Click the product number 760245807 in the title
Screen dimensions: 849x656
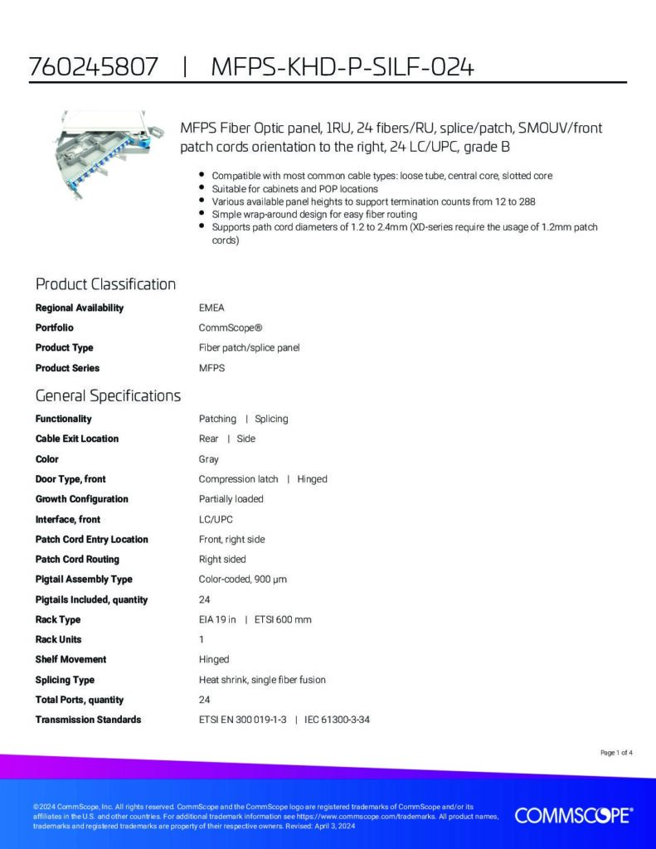coord(93,67)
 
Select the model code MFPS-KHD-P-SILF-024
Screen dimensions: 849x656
coord(343,67)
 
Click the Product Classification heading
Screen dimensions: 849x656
coord(105,284)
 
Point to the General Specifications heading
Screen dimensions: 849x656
coord(108,395)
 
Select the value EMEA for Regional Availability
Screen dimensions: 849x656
coord(211,308)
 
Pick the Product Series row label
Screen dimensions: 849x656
coord(67,368)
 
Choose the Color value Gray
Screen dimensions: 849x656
coord(209,459)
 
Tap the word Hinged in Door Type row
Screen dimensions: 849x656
coord(312,479)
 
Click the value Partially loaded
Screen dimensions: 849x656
coord(231,499)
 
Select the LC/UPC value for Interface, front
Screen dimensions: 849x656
coord(216,519)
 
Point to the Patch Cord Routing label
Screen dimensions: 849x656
coord(77,560)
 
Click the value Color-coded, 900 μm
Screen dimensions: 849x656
coord(242,580)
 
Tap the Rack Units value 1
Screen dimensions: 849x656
coord(202,639)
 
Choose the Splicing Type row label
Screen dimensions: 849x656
coord(65,680)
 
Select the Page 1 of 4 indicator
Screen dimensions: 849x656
coord(616,753)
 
